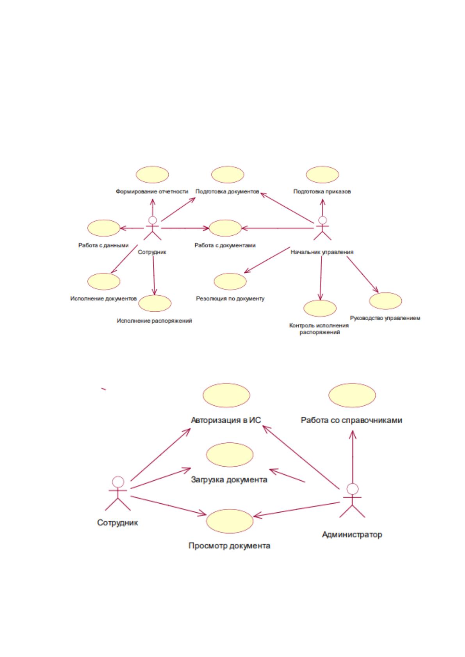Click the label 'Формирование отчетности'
point(152,192)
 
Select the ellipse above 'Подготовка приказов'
point(322,174)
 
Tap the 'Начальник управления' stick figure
point(322,229)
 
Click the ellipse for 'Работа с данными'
point(103,228)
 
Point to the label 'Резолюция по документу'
point(230,298)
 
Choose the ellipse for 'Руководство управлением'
point(385,301)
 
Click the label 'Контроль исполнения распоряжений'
point(319,329)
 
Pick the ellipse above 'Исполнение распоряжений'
point(155,303)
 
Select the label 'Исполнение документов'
point(103,298)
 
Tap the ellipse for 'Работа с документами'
point(225,228)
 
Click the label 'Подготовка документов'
point(227,192)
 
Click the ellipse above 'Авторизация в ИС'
point(226,395)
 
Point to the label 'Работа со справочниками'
point(351,420)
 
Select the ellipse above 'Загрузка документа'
point(229,455)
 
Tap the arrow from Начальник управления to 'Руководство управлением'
point(363,275)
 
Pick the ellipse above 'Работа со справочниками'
point(352,395)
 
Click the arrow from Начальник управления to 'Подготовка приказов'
point(322,208)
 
